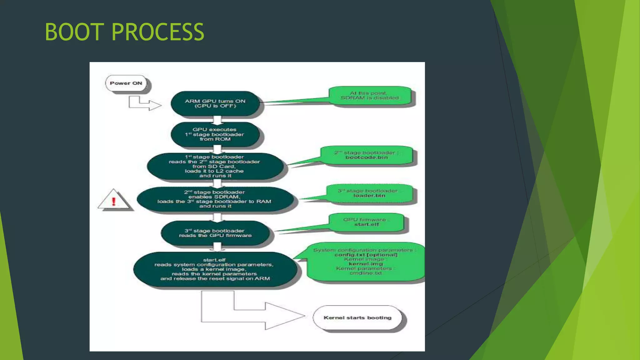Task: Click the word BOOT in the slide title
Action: coord(74,32)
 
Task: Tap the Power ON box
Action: coord(126,83)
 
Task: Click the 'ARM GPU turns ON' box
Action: coord(215,103)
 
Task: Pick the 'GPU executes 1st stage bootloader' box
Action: coord(215,134)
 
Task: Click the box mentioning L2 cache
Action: coord(215,166)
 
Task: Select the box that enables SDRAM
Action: coord(215,199)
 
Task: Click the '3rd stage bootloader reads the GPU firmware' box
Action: coord(215,233)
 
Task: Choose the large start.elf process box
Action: coord(215,269)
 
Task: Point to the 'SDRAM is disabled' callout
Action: coord(370,96)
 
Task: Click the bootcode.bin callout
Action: coord(367,155)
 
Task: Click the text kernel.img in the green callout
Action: coord(366,264)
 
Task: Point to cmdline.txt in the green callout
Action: coord(366,273)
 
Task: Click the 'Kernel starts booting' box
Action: coord(357,318)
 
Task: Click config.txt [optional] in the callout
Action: coord(366,255)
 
